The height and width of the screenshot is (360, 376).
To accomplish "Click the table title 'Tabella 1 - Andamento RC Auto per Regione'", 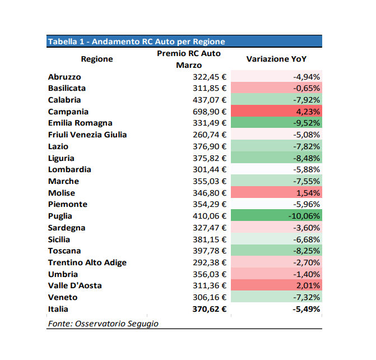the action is click(x=136, y=41).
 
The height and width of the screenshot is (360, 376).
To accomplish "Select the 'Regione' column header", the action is click(x=97, y=59).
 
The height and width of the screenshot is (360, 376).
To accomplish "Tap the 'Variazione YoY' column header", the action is click(x=276, y=59).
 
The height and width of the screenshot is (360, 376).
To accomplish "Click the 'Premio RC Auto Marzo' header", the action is click(x=189, y=59).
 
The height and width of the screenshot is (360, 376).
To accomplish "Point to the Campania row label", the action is click(x=68, y=112).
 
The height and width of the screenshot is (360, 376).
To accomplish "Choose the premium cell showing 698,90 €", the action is click(x=210, y=112).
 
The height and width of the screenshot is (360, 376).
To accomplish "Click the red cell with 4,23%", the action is click(x=276, y=111).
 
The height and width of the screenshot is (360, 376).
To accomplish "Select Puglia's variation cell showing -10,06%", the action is click(x=276, y=215).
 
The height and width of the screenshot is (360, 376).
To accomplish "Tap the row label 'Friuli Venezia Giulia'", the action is click(x=87, y=135).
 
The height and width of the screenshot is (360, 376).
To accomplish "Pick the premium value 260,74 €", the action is click(x=210, y=135).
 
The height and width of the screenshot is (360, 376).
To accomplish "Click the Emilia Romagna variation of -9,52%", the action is click(x=276, y=122).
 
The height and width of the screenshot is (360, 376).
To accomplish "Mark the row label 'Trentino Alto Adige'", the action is click(x=87, y=263).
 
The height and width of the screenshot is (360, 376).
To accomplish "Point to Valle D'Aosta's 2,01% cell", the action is click(x=276, y=285).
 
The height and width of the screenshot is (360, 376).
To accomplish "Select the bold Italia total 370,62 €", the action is click(x=210, y=309).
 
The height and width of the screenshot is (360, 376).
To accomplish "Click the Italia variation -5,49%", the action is click(x=306, y=309).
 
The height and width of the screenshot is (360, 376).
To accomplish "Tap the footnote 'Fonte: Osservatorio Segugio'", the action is click(x=103, y=324).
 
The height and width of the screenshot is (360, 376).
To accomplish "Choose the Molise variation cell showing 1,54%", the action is click(x=276, y=192).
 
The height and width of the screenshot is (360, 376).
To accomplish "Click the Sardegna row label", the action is click(x=67, y=228).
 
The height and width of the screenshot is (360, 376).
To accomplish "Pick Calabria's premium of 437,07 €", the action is click(x=210, y=100).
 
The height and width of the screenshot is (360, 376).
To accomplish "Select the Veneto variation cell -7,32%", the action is click(x=276, y=297).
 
